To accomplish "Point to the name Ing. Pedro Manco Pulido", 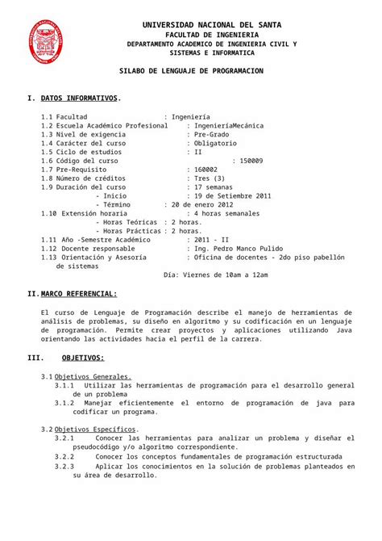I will (x=237, y=248).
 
